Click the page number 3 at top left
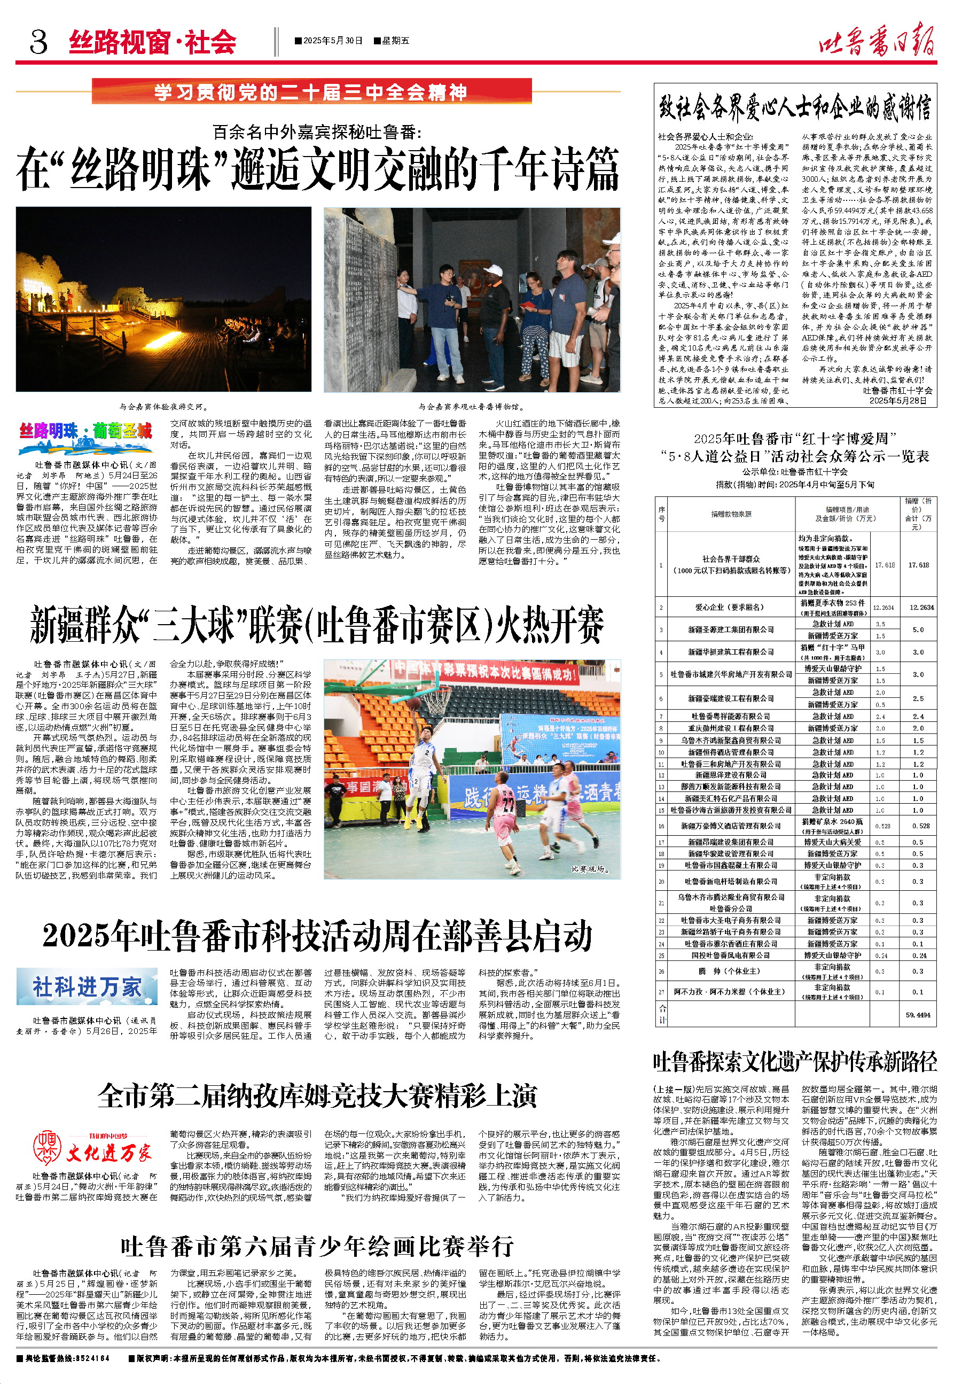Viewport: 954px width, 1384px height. click(38, 42)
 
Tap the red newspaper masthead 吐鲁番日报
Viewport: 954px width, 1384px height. click(877, 40)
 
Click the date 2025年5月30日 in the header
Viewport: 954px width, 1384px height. click(330, 41)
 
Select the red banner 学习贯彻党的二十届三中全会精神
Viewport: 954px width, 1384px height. click(311, 92)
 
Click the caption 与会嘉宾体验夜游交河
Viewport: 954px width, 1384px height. click(162, 407)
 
